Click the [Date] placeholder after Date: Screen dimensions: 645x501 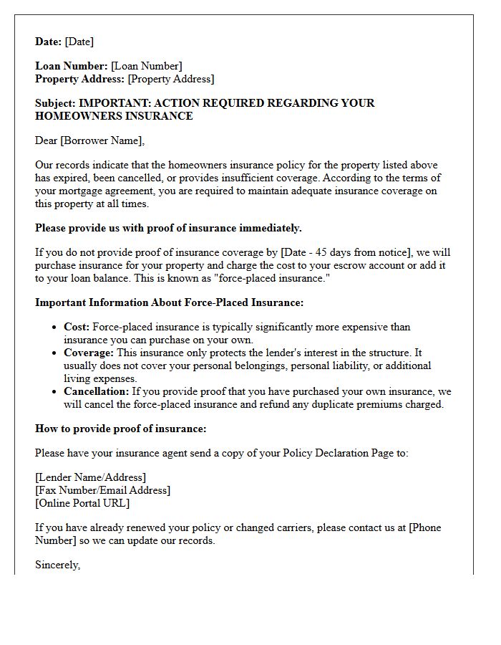(x=79, y=42)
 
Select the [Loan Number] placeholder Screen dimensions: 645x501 (x=146, y=66)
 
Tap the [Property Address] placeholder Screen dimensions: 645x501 (x=170, y=79)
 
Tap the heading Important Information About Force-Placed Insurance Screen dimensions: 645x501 (x=169, y=302)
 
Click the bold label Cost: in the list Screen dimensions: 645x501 (x=77, y=327)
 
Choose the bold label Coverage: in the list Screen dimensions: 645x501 (x=89, y=353)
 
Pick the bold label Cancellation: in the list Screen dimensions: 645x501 (x=97, y=391)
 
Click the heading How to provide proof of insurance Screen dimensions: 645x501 (x=120, y=429)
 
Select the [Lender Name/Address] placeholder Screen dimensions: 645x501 (x=90, y=477)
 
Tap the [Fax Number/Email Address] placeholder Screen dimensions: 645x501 (x=102, y=490)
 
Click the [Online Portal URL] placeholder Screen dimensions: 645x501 (x=82, y=503)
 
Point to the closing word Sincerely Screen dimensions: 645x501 (x=57, y=565)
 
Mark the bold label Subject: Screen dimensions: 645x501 (x=55, y=103)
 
